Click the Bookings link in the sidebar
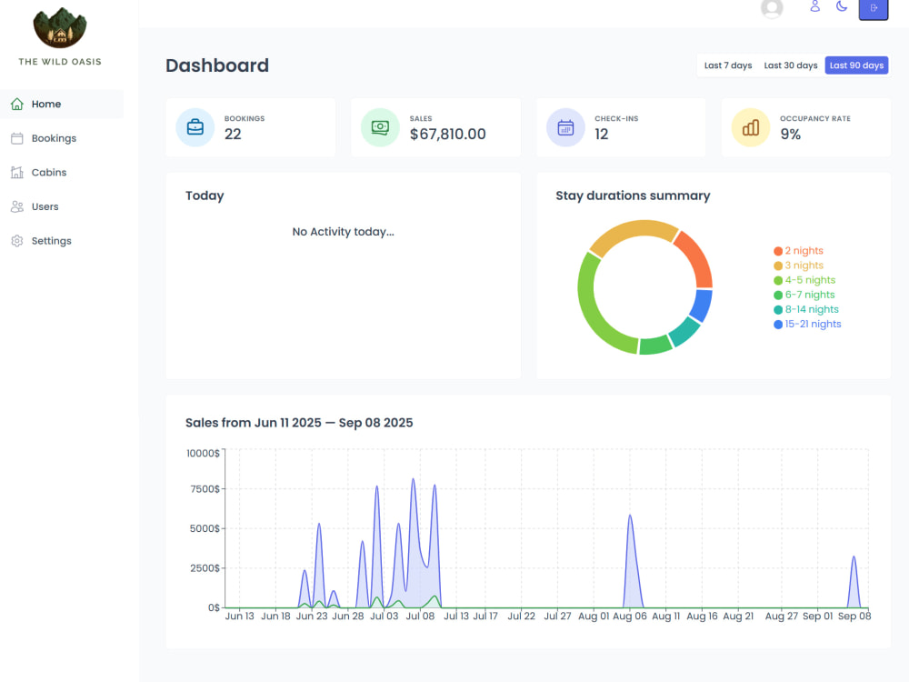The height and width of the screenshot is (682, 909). click(x=44, y=138)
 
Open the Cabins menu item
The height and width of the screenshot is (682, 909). click(x=38, y=172)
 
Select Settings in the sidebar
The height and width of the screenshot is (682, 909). click(x=41, y=241)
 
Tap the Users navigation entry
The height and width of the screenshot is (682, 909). click(x=35, y=206)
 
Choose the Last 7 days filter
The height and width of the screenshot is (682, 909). click(x=727, y=65)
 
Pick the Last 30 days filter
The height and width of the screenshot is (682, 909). click(x=790, y=65)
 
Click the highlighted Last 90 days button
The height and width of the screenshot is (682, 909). click(x=856, y=65)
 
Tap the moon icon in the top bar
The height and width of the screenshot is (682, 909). click(x=842, y=6)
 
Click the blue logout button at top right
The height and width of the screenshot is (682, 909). click(x=873, y=9)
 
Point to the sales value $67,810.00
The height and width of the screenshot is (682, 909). click(x=447, y=134)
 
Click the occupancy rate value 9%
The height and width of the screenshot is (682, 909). click(x=790, y=134)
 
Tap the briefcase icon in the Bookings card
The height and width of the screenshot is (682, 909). click(x=195, y=127)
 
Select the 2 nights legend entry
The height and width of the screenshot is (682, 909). click(x=798, y=251)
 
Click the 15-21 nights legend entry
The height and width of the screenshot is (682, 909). click(x=807, y=325)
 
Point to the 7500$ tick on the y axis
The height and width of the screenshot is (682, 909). click(x=205, y=489)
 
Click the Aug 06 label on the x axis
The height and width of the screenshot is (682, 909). click(x=630, y=616)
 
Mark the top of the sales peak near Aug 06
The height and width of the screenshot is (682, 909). click(x=630, y=515)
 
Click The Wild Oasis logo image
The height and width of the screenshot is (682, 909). click(x=60, y=28)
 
